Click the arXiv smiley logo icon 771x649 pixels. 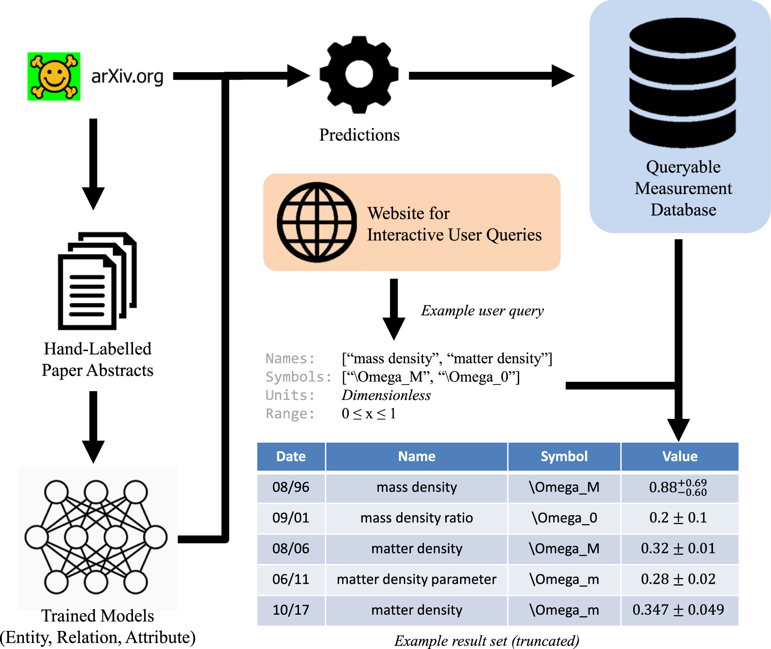(54, 76)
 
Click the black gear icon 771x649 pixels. (359, 75)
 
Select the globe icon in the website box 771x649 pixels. (317, 222)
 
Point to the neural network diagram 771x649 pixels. (96, 537)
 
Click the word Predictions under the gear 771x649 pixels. (359, 135)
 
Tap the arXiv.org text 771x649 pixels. (127, 77)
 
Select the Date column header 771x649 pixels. (291, 456)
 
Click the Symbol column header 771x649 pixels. (564, 456)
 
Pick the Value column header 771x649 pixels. (679, 456)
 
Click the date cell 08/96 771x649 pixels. (291, 487)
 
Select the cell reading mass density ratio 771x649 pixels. (417, 518)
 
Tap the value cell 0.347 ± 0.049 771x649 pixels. (678, 610)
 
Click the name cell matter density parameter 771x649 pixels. (417, 579)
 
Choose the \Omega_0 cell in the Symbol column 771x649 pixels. (564, 518)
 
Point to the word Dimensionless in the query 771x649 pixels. (386, 395)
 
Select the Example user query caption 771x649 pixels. (482, 311)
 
